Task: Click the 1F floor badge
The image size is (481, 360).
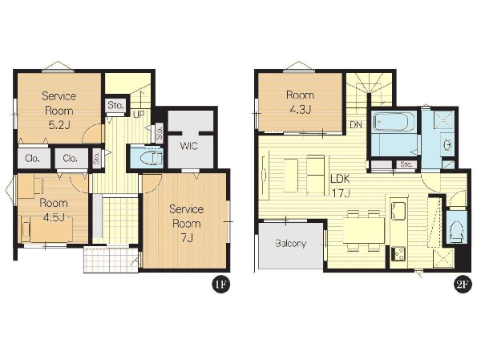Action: click(x=221, y=285)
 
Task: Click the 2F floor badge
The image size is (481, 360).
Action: click(x=463, y=285)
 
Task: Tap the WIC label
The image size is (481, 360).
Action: click(x=188, y=146)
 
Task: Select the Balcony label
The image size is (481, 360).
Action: click(x=290, y=244)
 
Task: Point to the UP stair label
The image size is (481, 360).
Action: click(x=139, y=115)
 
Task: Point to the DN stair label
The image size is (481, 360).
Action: click(x=356, y=124)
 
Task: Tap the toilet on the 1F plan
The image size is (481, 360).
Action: click(x=152, y=158)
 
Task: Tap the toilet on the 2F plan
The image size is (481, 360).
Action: click(x=457, y=233)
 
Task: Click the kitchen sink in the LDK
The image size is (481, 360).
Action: click(x=398, y=209)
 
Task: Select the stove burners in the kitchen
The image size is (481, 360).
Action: click(x=398, y=254)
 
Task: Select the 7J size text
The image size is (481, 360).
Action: click(x=186, y=237)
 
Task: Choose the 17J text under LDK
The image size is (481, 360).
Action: click(x=341, y=192)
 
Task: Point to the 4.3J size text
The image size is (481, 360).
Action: click(x=301, y=109)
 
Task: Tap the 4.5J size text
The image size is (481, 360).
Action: click(x=54, y=217)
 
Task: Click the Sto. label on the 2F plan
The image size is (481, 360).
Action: click(x=406, y=164)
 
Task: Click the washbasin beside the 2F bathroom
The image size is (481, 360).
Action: click(x=447, y=144)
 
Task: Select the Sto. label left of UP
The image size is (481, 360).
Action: click(x=115, y=106)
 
